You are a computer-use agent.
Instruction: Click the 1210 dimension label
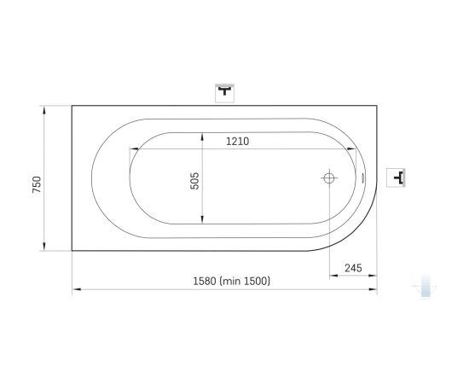click(x=238, y=142)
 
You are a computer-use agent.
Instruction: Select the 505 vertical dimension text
click(x=194, y=181)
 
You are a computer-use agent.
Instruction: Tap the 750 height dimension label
click(x=37, y=184)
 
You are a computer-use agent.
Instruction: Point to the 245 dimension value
click(x=353, y=268)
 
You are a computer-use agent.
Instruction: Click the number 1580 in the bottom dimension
click(x=205, y=282)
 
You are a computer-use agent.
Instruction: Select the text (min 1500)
click(x=245, y=282)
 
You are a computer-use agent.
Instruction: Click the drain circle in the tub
click(x=329, y=178)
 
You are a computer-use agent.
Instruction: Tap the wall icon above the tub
click(x=224, y=93)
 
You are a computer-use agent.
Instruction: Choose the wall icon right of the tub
click(x=396, y=177)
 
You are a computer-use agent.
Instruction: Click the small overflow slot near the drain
click(x=363, y=178)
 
